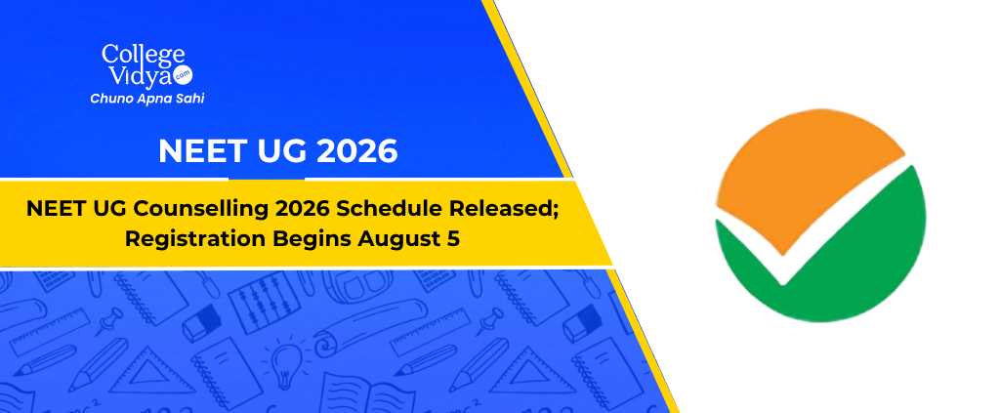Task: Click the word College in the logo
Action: click(143, 55)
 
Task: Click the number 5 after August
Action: click(455, 239)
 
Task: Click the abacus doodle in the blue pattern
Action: click(256, 301)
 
